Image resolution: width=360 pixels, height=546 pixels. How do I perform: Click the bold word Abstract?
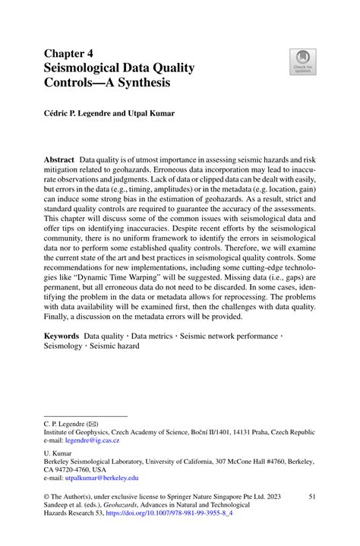[58, 161]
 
